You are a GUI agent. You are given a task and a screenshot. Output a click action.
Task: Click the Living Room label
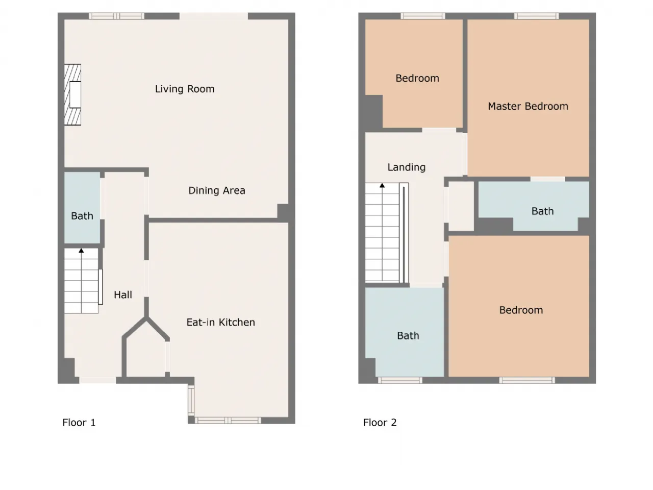click(x=185, y=89)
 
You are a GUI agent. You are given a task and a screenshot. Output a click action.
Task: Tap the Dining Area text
click(x=217, y=191)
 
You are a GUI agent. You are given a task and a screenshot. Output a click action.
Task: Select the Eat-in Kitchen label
click(x=220, y=322)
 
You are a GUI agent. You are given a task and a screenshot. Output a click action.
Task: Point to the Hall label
click(x=123, y=295)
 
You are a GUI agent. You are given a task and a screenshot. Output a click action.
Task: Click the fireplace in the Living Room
click(x=72, y=94)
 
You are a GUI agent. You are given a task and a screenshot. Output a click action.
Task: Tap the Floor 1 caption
click(x=79, y=423)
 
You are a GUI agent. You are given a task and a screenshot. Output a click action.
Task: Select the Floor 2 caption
click(x=380, y=423)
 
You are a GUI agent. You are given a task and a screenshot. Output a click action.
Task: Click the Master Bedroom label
click(x=528, y=106)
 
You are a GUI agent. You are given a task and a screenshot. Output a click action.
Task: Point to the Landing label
click(x=407, y=167)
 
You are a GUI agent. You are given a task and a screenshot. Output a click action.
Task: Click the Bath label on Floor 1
click(x=82, y=216)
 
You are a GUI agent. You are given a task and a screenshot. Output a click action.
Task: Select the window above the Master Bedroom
click(x=536, y=16)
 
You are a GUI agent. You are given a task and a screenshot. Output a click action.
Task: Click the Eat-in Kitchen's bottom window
click(x=228, y=421)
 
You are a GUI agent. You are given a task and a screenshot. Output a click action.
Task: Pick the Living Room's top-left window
click(x=117, y=16)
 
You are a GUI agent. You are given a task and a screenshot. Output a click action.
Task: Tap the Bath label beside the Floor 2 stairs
click(x=408, y=336)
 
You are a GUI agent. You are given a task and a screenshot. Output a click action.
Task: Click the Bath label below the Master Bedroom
click(x=542, y=211)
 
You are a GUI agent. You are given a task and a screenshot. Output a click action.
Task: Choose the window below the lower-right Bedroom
click(x=527, y=380)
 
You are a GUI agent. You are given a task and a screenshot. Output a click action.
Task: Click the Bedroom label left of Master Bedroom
click(x=417, y=79)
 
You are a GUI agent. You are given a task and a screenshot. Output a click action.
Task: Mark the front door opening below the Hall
click(x=97, y=380)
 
